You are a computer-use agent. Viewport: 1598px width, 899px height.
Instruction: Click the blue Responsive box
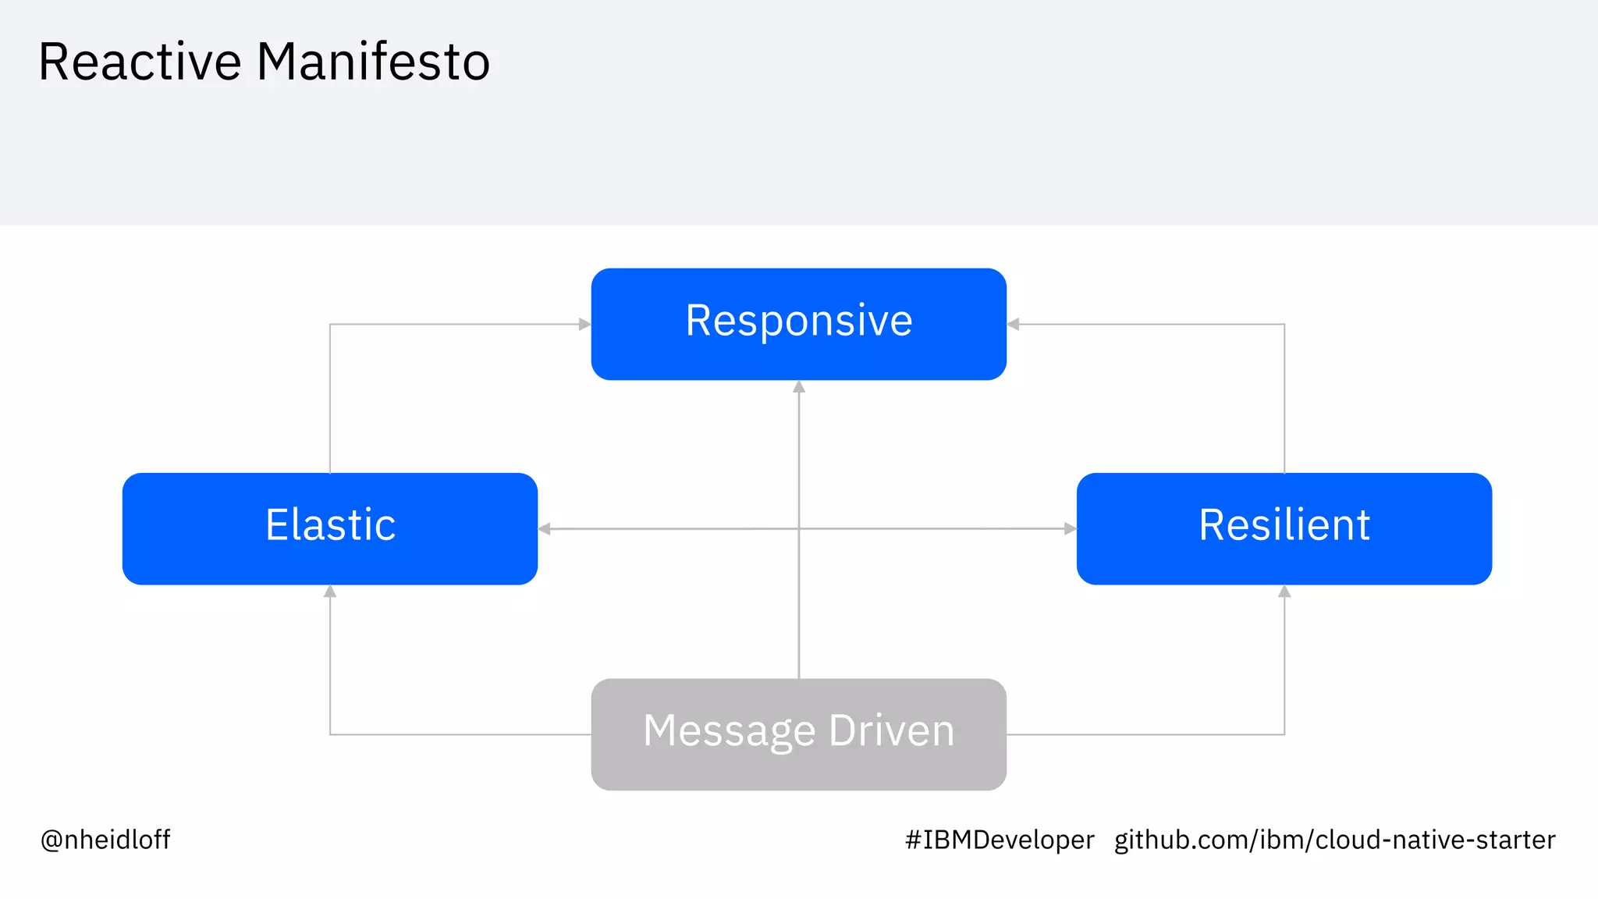click(798, 324)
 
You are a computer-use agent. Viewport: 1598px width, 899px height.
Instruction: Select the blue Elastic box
click(329, 528)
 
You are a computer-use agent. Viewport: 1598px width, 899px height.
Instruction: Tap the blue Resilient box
click(1284, 528)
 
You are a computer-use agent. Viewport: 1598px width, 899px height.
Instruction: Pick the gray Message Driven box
click(798, 734)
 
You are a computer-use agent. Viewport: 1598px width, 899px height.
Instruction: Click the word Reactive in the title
click(140, 62)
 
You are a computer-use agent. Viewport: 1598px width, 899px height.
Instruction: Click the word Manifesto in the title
click(373, 62)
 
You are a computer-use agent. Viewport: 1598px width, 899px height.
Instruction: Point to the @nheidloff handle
click(105, 840)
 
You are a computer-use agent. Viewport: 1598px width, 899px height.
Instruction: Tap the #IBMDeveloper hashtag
click(1000, 840)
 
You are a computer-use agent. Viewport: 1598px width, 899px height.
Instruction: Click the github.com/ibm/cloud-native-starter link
click(1334, 840)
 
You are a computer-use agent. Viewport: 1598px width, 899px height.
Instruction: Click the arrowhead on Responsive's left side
click(584, 324)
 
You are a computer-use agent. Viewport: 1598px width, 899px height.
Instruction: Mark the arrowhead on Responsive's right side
click(1014, 324)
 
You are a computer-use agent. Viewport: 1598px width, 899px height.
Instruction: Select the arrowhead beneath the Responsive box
click(798, 387)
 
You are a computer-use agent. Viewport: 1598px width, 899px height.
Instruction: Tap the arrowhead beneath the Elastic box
click(330, 592)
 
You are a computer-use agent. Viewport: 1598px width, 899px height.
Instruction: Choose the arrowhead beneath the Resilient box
click(1284, 592)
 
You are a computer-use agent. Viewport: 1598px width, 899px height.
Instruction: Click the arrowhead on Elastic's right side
click(545, 529)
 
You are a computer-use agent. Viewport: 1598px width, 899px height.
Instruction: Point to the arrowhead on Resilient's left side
click(1070, 528)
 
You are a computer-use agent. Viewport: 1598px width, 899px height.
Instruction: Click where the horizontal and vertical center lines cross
click(798, 529)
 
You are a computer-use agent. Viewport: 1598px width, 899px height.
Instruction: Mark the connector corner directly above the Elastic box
click(330, 324)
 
